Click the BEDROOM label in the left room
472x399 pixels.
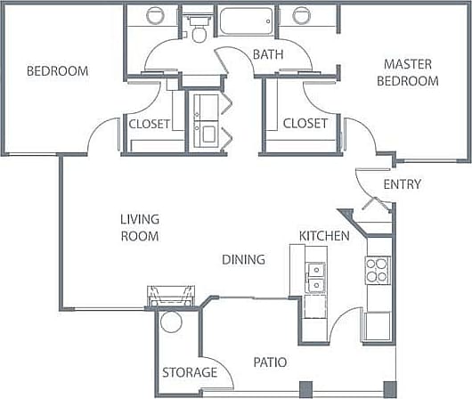point(57,71)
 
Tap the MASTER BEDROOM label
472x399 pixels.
point(411,72)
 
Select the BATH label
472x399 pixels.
point(267,55)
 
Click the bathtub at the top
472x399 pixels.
point(247,21)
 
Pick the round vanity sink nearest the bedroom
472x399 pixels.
point(155,16)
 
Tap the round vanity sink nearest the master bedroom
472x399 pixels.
point(302,16)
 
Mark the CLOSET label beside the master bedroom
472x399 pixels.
point(305,123)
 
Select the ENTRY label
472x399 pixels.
point(402,184)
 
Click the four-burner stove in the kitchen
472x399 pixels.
point(377,270)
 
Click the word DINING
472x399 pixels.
point(243,260)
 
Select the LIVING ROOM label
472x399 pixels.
point(140,228)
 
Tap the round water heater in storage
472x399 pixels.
point(172,322)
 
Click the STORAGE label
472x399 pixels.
point(189,372)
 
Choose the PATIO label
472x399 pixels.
point(269,362)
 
